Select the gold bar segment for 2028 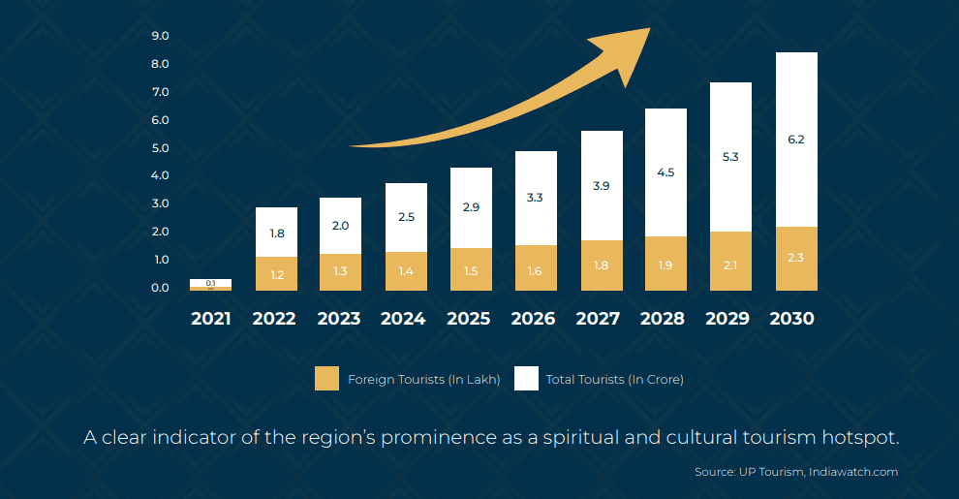[x=665, y=263]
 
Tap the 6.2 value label [x=796, y=140]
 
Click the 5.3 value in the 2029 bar [x=730, y=156]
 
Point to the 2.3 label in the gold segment [x=796, y=258]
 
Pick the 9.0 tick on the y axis [x=161, y=36]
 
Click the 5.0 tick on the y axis [x=161, y=148]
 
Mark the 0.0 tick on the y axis [x=161, y=288]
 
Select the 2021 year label [x=211, y=319]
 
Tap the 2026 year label [x=534, y=319]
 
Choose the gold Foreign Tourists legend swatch [x=327, y=379]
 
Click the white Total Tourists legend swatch [x=526, y=379]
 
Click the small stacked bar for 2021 [x=210, y=284]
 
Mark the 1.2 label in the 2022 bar [x=277, y=275]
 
